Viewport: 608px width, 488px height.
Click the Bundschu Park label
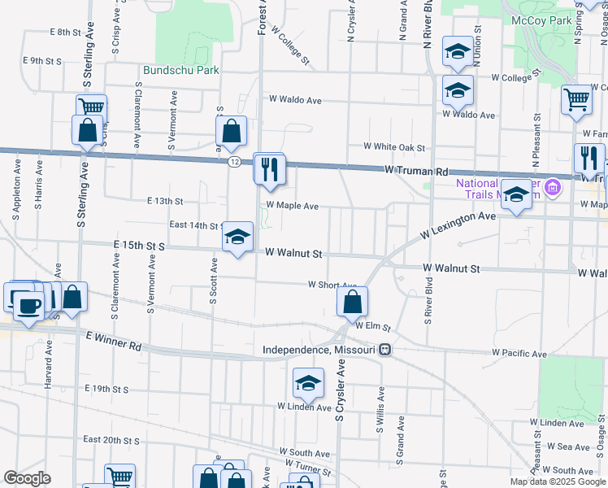181,71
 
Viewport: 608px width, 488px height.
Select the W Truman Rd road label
417,172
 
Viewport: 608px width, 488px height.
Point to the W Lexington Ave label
458,226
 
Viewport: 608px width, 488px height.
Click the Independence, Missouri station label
319,350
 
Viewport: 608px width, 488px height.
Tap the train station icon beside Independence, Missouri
385,350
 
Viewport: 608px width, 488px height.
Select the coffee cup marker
29,306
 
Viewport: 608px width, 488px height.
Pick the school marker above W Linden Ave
309,383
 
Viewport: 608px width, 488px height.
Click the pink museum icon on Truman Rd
552,189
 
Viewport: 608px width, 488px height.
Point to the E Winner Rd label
112,341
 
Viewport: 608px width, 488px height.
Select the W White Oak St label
394,147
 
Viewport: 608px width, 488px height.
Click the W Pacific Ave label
519,354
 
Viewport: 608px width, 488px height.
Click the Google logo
27,478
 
